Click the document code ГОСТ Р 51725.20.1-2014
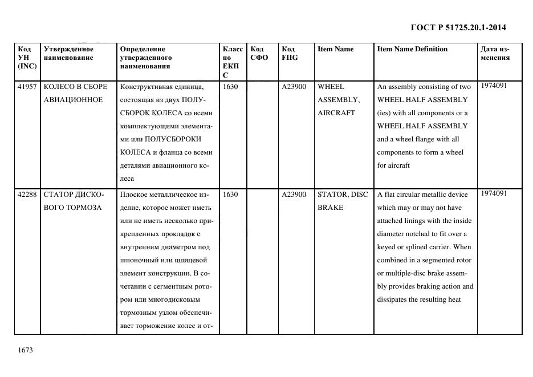point(458,27)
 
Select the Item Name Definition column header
point(412,49)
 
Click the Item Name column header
point(335,49)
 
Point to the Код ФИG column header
point(290,53)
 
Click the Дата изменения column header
point(495,53)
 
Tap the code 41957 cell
point(27,87)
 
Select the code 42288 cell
point(27,194)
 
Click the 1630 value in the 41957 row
point(230,87)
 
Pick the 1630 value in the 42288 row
point(230,194)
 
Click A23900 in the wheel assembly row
point(294,87)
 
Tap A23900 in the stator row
point(294,194)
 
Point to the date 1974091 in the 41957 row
point(494,86)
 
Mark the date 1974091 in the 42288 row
point(494,193)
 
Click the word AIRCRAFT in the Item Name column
point(336,113)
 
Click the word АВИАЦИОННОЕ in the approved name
point(73,100)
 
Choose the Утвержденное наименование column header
point(68,53)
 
